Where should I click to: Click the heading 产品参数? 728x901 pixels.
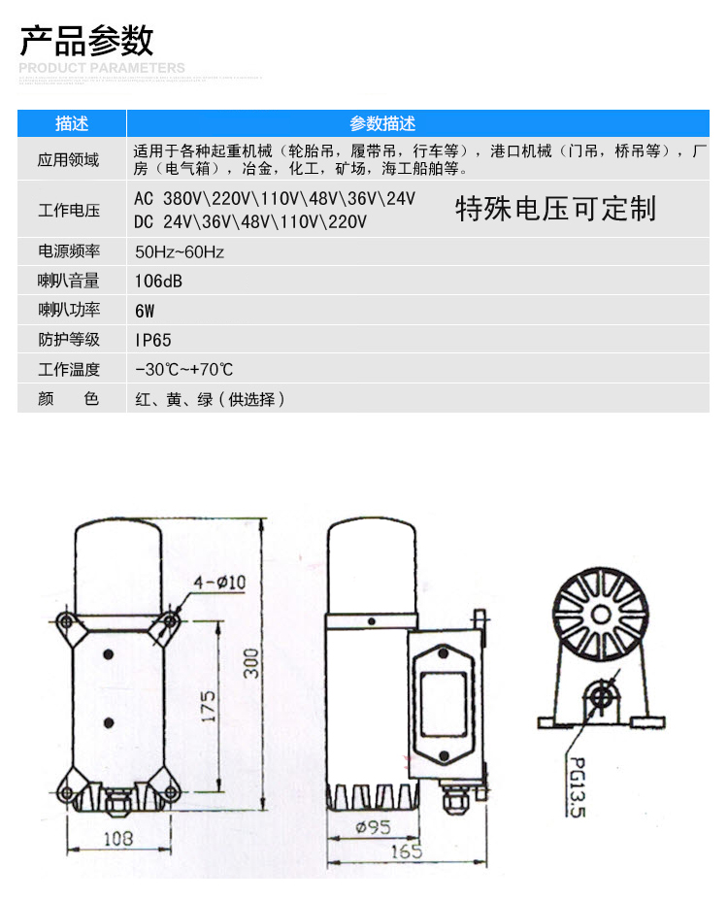tap(87, 41)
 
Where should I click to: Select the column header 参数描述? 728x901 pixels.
tap(382, 123)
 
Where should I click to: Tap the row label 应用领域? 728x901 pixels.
tap(69, 160)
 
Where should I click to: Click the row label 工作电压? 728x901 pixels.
tap(69, 210)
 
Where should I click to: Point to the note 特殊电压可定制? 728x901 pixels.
tap(555, 209)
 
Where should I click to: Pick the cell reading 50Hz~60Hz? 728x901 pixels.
tap(180, 252)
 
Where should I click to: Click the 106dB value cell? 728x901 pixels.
tap(159, 282)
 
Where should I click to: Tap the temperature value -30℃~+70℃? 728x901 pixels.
tap(184, 370)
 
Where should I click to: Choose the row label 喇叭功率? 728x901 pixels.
tap(69, 311)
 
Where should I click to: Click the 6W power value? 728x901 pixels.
tap(146, 312)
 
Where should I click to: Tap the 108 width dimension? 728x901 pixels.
tap(118, 837)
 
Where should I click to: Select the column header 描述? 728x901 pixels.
tap(72, 123)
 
